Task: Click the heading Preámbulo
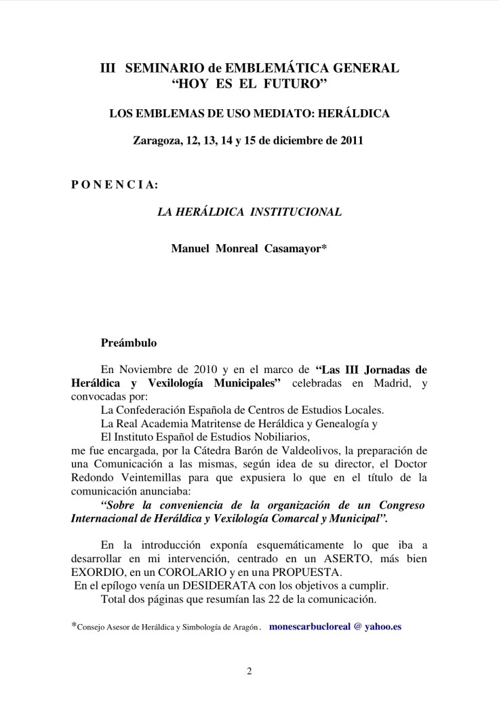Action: coord(129,343)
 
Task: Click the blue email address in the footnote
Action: coord(335,627)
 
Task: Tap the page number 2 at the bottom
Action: coord(249,672)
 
